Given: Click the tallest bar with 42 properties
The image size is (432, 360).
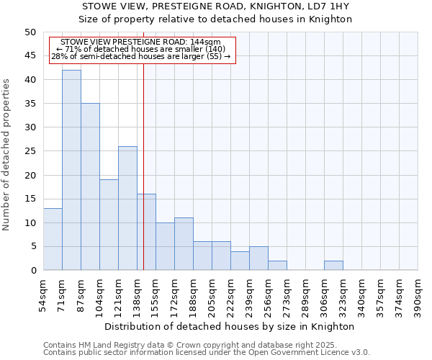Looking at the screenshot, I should point(71,170).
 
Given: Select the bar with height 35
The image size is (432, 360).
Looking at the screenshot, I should point(90,186).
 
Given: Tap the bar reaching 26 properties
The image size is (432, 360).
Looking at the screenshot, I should point(127,208).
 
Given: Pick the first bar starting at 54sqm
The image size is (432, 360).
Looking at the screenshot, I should point(53,239).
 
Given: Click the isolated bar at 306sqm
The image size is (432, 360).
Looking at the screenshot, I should point(333,266).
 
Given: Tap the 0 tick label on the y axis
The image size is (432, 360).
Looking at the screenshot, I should point(32,271).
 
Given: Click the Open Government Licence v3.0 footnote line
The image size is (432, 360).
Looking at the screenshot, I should point(207,353).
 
